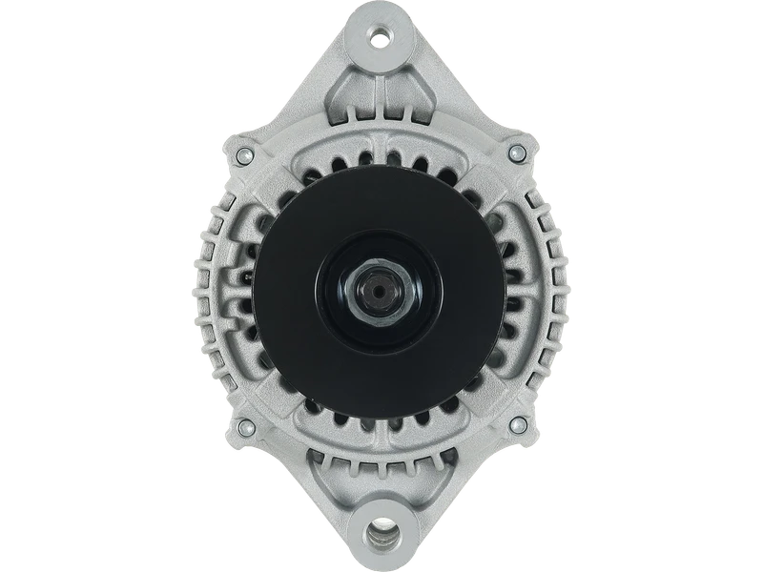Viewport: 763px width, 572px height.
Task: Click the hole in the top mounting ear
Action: (x=381, y=38)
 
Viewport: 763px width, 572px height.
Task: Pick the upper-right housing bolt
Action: (x=518, y=150)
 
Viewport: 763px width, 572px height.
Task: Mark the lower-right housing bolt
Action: (x=518, y=422)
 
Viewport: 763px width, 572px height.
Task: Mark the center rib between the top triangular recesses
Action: (x=381, y=95)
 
